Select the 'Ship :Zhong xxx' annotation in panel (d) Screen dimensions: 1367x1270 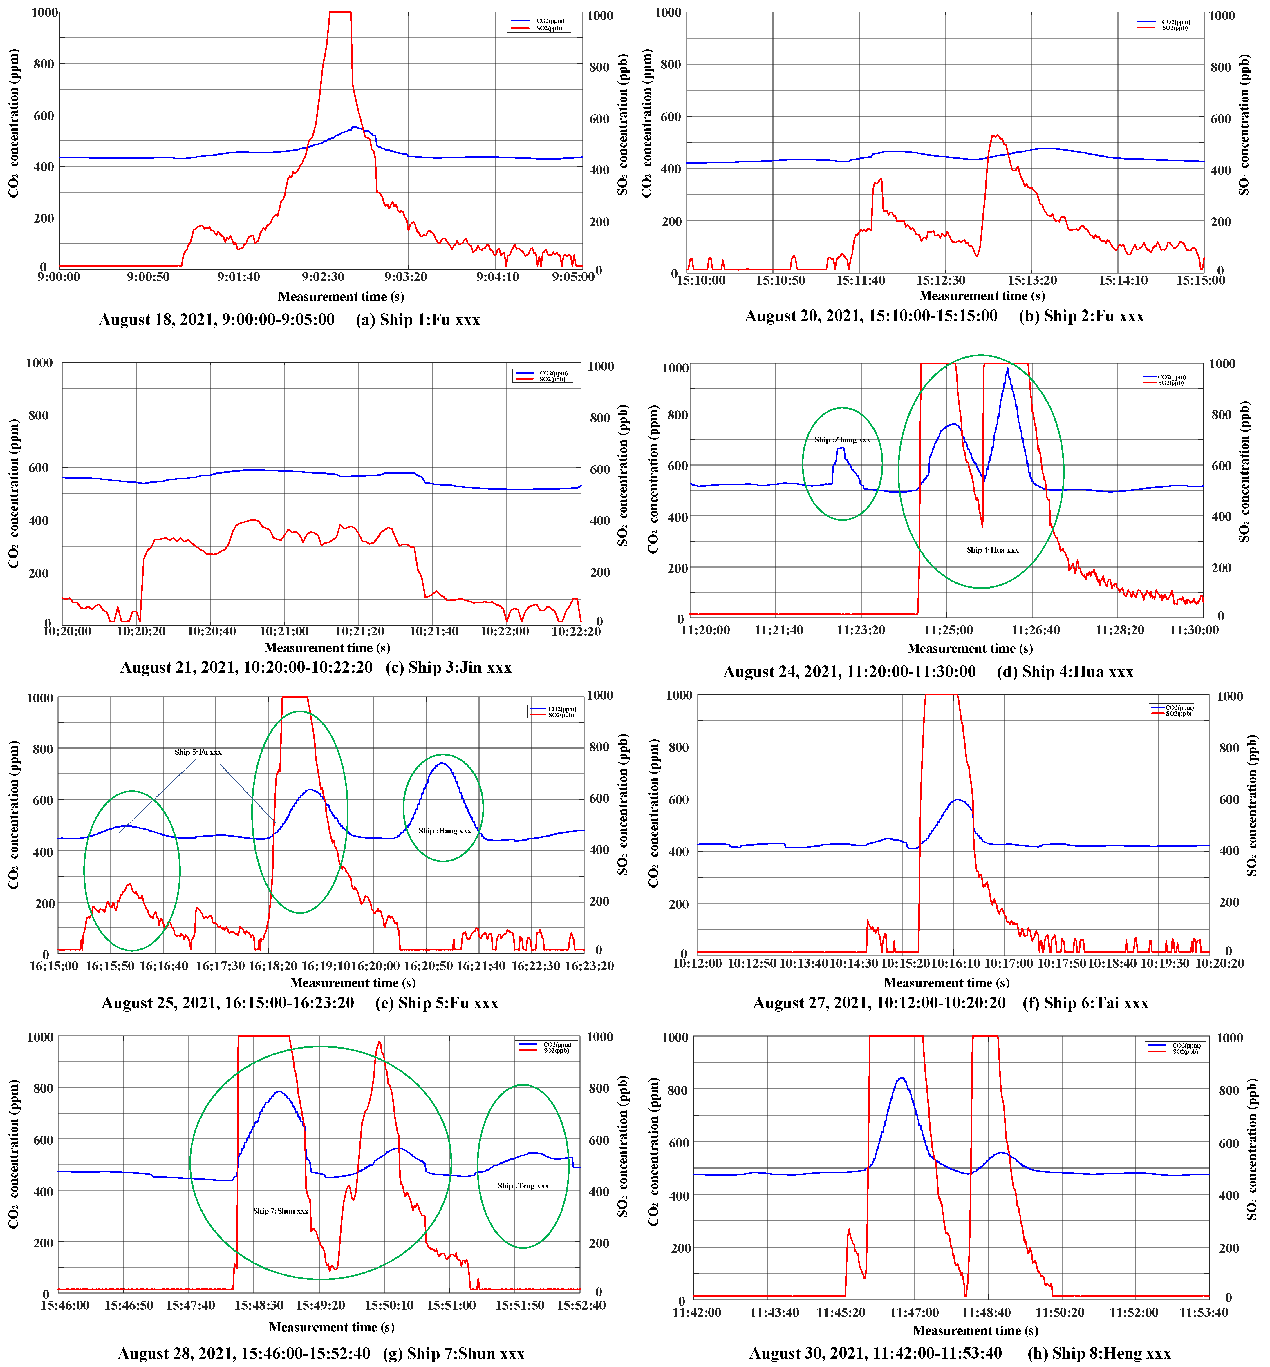[x=842, y=440]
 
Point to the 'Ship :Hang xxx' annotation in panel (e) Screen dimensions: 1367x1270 [x=445, y=830]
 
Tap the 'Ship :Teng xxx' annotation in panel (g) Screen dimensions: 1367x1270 [x=523, y=1186]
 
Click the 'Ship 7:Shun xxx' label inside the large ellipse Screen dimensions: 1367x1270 [x=280, y=1210]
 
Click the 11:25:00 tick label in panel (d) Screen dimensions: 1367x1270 [x=949, y=630]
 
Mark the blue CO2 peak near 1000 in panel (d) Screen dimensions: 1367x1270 [x=1007, y=369]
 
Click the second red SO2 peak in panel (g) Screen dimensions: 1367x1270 [x=379, y=1043]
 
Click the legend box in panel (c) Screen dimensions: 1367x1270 [x=542, y=376]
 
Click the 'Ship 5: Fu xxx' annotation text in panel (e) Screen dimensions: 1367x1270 [x=198, y=752]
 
